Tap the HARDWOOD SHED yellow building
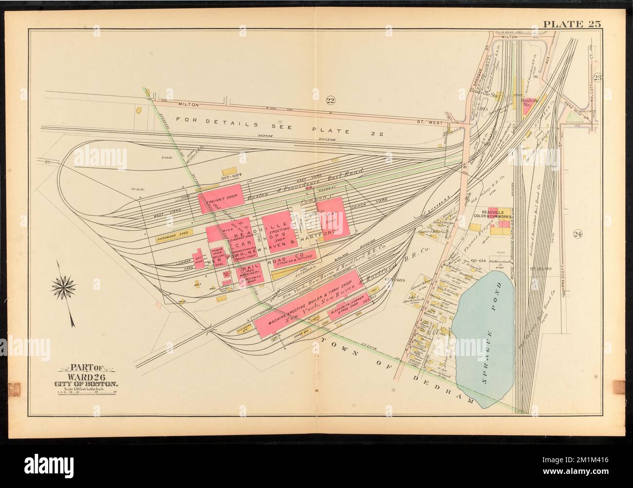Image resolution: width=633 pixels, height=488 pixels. [x=172, y=239]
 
